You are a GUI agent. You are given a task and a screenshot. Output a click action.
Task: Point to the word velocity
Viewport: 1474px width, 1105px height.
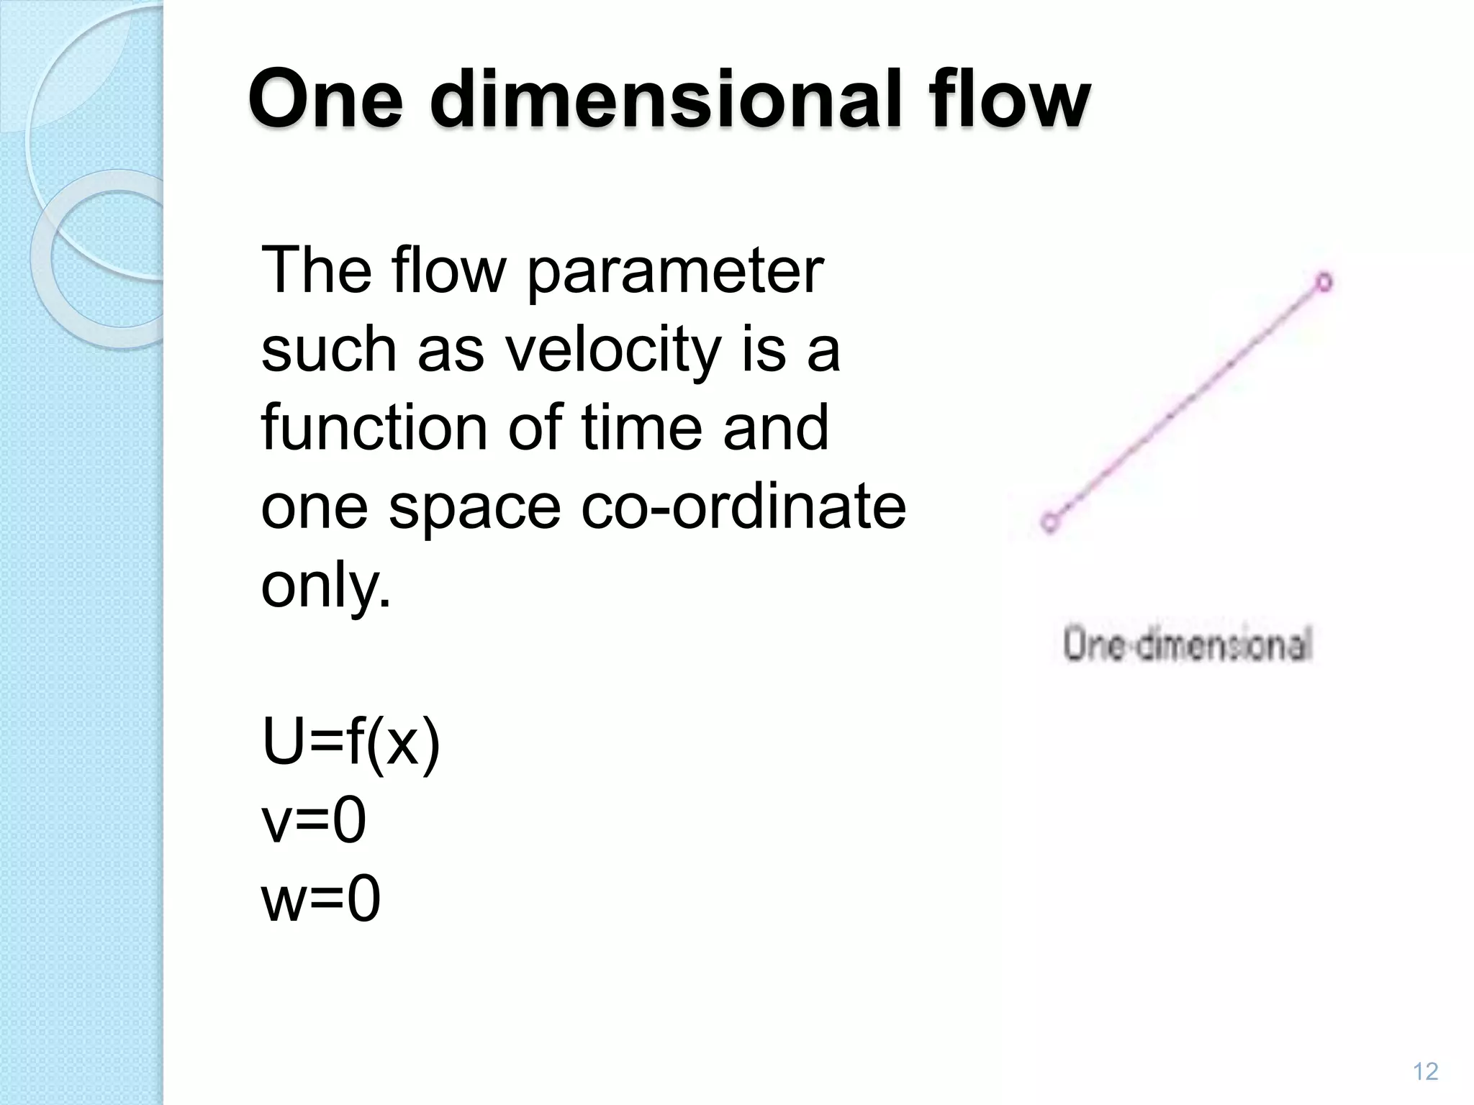coord(612,350)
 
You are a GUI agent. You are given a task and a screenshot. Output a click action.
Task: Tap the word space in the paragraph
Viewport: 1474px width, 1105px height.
coord(474,507)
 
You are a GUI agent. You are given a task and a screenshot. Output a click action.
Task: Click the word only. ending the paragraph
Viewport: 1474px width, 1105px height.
coord(325,586)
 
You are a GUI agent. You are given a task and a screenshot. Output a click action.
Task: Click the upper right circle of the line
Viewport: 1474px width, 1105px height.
coord(1324,282)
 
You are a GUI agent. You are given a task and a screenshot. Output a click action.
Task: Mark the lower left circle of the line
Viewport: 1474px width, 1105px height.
coord(1050,521)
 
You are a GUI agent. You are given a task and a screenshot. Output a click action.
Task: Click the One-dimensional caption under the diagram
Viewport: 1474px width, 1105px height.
coord(1188,644)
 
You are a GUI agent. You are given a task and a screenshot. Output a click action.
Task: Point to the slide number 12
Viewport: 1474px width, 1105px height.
coord(1425,1072)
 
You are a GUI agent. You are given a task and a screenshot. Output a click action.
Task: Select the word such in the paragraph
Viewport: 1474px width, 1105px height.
coord(328,350)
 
